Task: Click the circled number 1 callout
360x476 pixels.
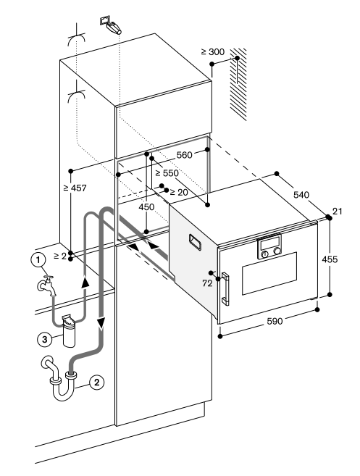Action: pos(38,260)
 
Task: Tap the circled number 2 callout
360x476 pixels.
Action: pos(96,383)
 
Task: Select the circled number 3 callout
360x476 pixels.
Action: pos(45,339)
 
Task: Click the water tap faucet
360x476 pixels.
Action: pos(47,285)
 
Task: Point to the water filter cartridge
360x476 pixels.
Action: pos(70,331)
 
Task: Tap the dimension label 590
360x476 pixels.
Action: pos(275,321)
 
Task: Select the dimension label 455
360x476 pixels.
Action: pos(330,259)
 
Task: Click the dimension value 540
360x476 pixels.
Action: pos(301,194)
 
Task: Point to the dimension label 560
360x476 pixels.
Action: pos(184,155)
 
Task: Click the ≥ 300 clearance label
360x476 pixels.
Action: pos(212,52)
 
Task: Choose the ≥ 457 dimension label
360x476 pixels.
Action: pos(75,188)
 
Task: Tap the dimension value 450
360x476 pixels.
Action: pos(146,207)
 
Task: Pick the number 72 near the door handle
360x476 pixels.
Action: pos(207,283)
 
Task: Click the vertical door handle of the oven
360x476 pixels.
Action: pos(226,288)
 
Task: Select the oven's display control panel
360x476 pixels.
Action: pos(269,246)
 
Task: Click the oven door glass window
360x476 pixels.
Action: pos(269,273)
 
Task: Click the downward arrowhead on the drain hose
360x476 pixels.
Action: pos(101,323)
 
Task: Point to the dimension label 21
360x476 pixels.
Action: pos(338,212)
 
